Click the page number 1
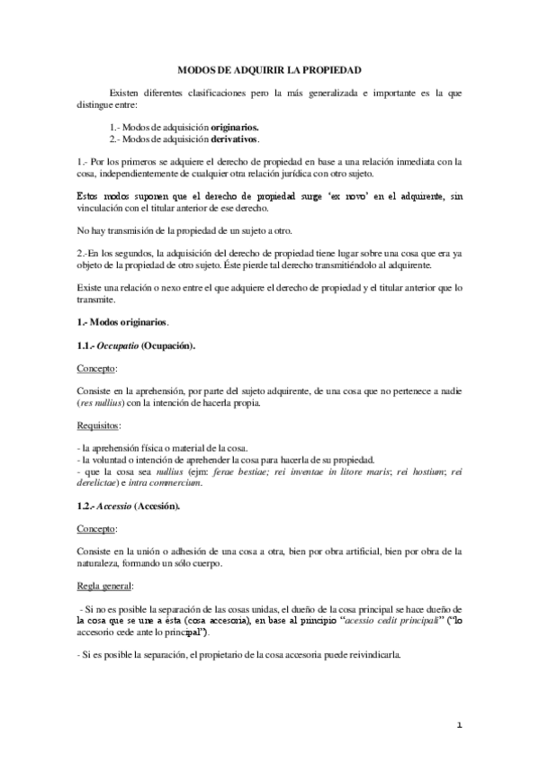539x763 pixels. coord(458,725)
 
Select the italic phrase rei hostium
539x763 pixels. coord(424,471)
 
